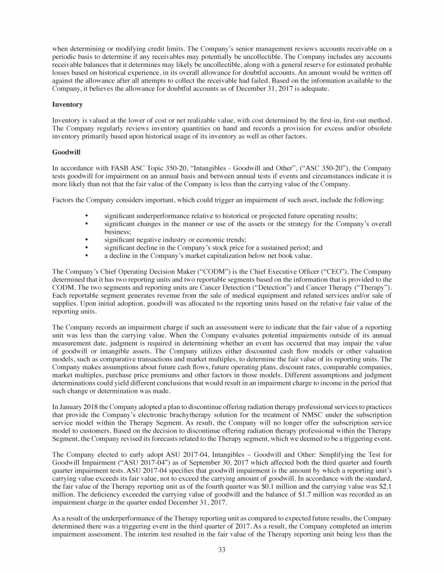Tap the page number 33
222,549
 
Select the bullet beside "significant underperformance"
86,215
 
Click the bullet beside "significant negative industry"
86,239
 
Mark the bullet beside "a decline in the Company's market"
86,254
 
